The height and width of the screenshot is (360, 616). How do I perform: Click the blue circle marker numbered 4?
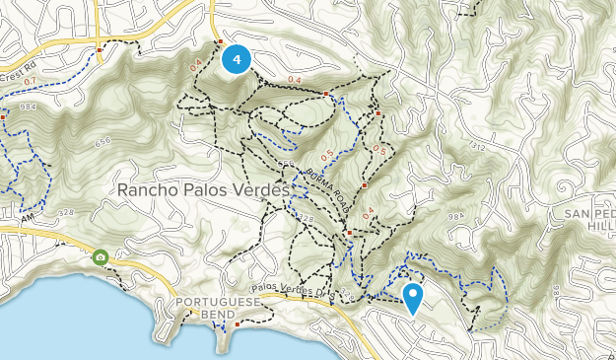236,59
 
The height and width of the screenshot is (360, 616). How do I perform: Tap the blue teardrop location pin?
413,296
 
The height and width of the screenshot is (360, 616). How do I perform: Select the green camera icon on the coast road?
101,257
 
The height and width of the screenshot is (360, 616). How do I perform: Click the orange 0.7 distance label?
29,80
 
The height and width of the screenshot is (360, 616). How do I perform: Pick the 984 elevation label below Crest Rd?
27,106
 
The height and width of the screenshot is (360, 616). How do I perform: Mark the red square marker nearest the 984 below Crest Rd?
3,116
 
